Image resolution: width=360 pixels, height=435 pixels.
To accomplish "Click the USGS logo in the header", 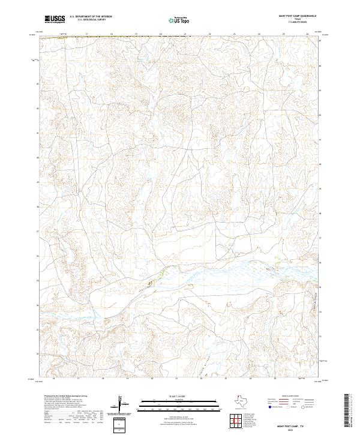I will click(55, 19).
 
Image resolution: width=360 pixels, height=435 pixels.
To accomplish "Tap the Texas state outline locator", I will click(239, 401).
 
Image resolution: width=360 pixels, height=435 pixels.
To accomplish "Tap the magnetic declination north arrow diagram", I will click(121, 404).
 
